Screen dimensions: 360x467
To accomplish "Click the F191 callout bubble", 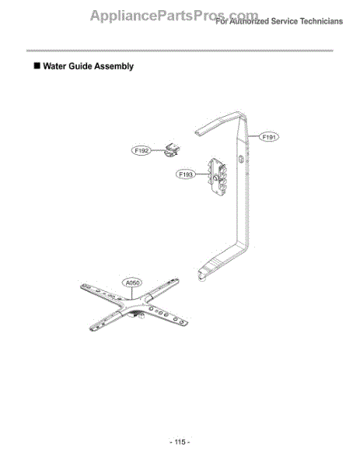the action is pyautogui.click(x=269, y=137).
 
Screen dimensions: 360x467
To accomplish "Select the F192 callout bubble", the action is pyautogui.click(x=142, y=151).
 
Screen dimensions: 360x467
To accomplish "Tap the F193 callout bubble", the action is pyautogui.click(x=186, y=174).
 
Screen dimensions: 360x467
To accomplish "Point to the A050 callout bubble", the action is pyautogui.click(x=132, y=283).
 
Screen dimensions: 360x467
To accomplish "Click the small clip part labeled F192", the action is pyautogui.click(x=173, y=150).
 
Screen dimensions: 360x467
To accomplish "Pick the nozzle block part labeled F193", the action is pyautogui.click(x=218, y=177).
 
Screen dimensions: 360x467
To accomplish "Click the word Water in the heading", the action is pyautogui.click(x=54, y=66).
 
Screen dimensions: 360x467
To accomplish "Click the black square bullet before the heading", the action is pyautogui.click(x=37, y=65).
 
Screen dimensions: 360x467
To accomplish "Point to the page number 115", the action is pyautogui.click(x=180, y=441).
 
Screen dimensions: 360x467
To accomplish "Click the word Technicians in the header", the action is pyautogui.click(x=321, y=22).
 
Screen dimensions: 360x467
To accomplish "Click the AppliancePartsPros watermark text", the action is pyautogui.click(x=174, y=16).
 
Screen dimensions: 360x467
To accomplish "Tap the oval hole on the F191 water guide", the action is pyautogui.click(x=241, y=159).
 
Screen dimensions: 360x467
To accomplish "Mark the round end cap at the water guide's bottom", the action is pyautogui.click(x=201, y=279).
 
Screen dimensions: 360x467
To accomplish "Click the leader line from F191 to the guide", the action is pyautogui.click(x=253, y=136).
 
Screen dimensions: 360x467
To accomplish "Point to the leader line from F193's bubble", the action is pyautogui.click(x=203, y=174).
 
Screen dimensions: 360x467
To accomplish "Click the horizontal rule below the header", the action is pyautogui.click(x=180, y=51).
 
